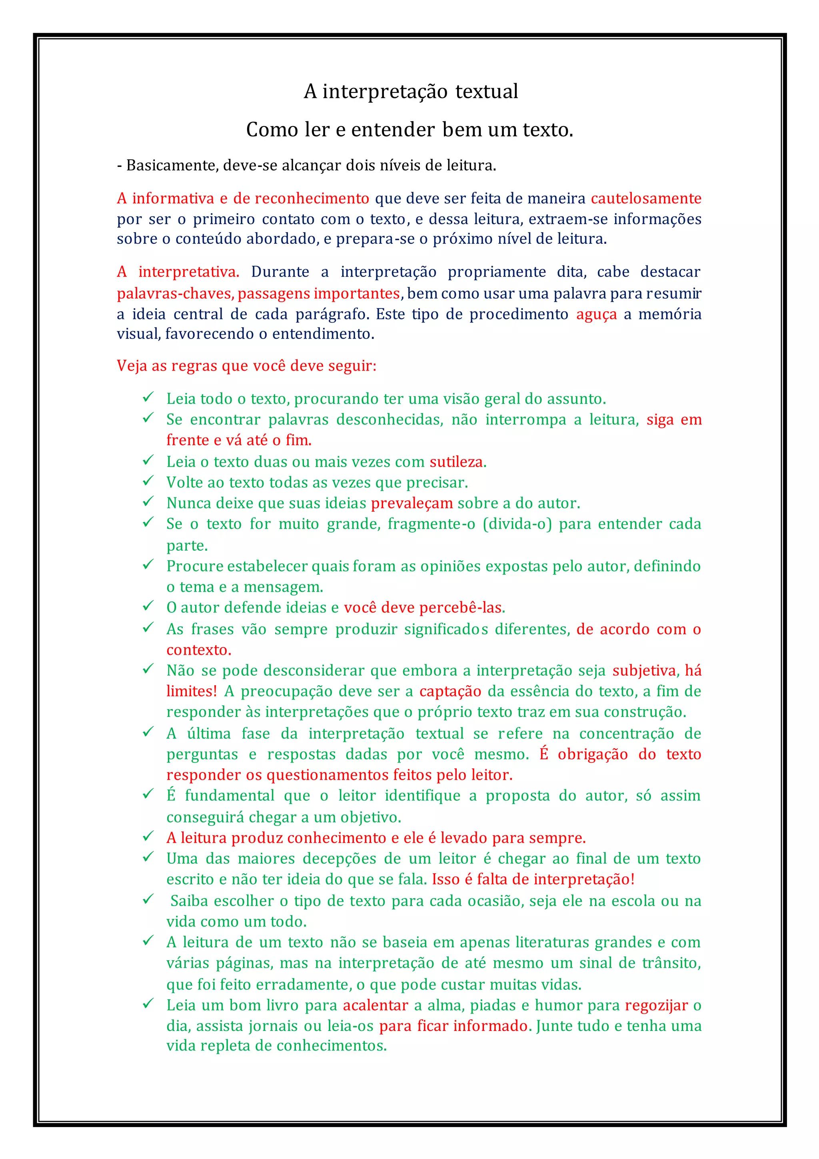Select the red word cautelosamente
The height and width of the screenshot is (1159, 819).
[645, 199]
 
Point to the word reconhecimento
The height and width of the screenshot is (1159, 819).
[312, 199]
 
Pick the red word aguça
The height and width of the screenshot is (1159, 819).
[596, 314]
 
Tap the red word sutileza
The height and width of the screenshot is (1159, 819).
[456, 461]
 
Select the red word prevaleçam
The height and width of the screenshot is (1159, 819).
[411, 503]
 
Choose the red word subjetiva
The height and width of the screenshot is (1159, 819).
[644, 670]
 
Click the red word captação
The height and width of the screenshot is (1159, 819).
[450, 691]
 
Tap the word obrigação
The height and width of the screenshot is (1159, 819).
[593, 754]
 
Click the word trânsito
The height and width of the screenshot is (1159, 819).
[671, 963]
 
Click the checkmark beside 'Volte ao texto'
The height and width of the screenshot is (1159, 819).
[148, 481]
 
